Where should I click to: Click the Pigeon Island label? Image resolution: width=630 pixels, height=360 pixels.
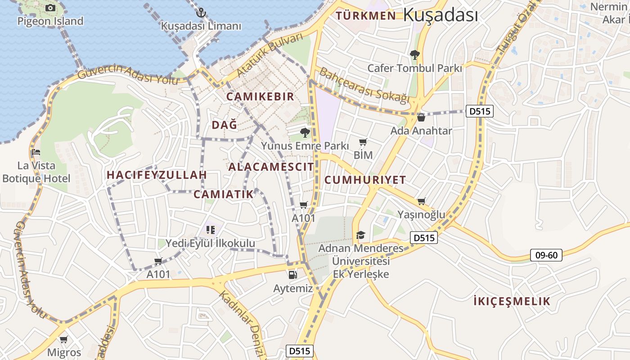click(x=50, y=21)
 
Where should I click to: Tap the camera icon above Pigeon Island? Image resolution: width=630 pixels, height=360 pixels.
click(x=50, y=8)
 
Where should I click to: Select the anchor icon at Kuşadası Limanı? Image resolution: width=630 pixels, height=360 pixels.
click(x=202, y=13)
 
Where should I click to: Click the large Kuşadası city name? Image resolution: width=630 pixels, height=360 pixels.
click(x=440, y=15)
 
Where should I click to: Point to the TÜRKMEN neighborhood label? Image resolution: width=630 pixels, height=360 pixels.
click(x=366, y=16)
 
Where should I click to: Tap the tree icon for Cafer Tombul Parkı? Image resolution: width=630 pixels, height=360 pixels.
click(x=414, y=55)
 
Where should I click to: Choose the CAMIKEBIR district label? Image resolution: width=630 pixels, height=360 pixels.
click(x=260, y=97)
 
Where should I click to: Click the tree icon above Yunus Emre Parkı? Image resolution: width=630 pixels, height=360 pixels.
click(x=305, y=132)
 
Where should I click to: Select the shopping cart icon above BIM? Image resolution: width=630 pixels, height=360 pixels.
click(x=363, y=142)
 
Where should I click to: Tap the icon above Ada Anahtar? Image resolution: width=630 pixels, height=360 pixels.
click(x=421, y=117)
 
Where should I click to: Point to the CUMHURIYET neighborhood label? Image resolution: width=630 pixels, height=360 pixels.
click(x=365, y=180)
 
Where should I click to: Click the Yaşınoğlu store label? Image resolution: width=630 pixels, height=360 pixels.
click(x=421, y=215)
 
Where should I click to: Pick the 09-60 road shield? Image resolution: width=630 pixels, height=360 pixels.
click(x=546, y=255)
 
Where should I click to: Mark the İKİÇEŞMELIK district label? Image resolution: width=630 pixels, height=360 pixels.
click(x=512, y=301)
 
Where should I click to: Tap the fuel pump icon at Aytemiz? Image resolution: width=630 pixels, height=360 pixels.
click(x=293, y=274)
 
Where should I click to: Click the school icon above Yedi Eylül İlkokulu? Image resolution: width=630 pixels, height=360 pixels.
click(x=210, y=230)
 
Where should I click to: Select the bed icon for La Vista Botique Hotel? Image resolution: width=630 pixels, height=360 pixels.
click(x=36, y=152)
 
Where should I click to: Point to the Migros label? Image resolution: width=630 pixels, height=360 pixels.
click(x=64, y=352)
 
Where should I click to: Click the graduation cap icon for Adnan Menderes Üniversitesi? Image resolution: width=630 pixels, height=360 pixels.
click(x=360, y=235)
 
